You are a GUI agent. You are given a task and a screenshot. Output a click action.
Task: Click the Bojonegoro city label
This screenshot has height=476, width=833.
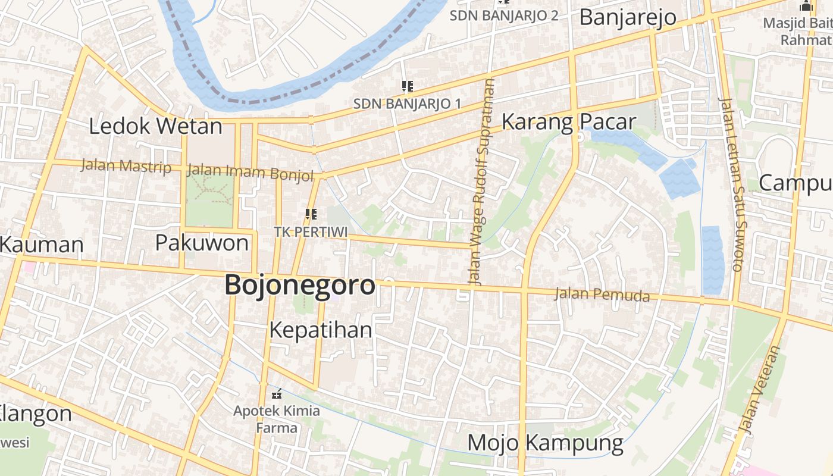click(x=300, y=286)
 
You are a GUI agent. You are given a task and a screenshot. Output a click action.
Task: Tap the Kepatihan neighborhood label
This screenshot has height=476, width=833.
click(x=321, y=330)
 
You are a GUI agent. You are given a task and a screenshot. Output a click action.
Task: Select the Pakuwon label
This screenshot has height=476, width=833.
click(x=202, y=243)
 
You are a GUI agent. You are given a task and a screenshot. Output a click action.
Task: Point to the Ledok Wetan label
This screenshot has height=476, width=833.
click(x=155, y=126)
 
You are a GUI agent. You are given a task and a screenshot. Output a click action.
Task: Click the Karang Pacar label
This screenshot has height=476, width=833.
click(x=569, y=122)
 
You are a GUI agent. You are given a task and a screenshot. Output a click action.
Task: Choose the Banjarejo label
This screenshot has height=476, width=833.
click(x=628, y=17)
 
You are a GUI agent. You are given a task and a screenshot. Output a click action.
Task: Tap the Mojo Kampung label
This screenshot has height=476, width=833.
click(x=545, y=443)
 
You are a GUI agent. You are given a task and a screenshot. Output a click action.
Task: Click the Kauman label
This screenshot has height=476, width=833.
click(x=42, y=245)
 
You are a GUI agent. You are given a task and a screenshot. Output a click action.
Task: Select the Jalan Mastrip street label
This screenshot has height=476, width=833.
click(x=126, y=166)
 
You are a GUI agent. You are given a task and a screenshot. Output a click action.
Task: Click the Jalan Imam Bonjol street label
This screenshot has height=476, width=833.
click(x=250, y=172)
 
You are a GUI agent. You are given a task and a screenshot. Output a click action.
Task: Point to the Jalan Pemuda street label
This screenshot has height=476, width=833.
click(x=602, y=294)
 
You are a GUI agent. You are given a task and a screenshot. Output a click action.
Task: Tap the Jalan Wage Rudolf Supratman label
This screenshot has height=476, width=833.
click(x=482, y=181)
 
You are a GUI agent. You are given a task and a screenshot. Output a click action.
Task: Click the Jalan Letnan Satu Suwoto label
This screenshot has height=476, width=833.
click(x=730, y=184)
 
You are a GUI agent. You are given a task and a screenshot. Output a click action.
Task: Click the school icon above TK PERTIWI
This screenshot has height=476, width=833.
click(x=311, y=214)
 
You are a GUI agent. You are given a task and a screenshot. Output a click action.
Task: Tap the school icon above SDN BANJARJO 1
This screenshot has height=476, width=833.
click(x=408, y=87)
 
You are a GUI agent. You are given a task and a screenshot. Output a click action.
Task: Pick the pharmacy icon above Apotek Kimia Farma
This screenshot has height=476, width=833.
click(x=276, y=393)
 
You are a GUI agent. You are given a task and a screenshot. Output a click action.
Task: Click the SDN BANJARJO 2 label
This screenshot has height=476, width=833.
click(x=503, y=15)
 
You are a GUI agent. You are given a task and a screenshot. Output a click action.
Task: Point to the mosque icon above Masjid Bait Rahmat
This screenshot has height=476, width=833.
click(x=806, y=7)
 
